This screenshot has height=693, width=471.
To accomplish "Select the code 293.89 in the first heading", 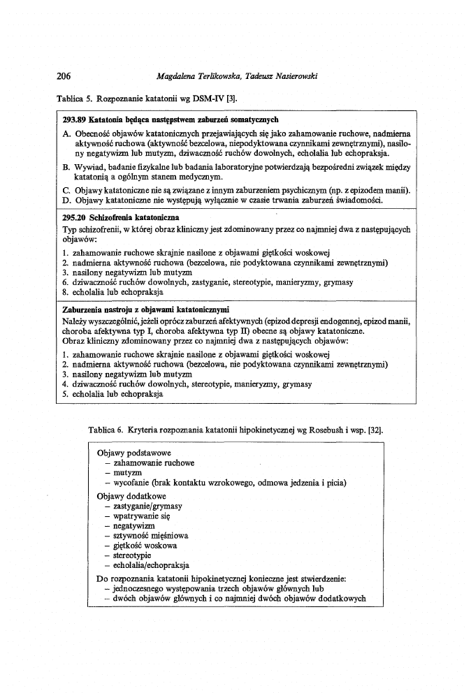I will coord(74,120).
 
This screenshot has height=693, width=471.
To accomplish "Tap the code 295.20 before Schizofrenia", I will coord(74,217).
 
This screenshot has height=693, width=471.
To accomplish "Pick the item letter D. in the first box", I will coord(66,200).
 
